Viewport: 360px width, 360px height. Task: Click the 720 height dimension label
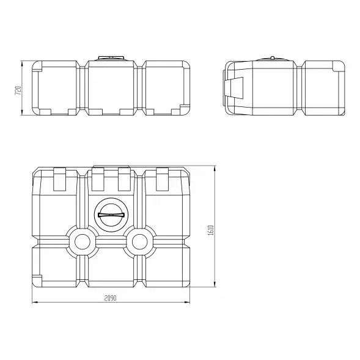pyautogui.click(x=18, y=90)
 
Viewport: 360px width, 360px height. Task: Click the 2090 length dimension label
pyautogui.click(x=111, y=298)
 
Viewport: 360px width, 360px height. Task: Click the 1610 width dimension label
pyautogui.click(x=210, y=230)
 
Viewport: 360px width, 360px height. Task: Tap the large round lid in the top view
pyautogui.click(x=111, y=215)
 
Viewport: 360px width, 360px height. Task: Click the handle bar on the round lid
pyautogui.click(x=111, y=215)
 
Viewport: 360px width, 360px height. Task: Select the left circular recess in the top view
pyautogui.click(x=82, y=241)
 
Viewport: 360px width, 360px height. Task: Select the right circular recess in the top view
pyautogui.click(x=139, y=241)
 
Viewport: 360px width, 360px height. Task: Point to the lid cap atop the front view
pyautogui.click(x=111, y=58)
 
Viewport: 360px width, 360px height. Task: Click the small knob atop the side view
pyautogui.click(x=272, y=57)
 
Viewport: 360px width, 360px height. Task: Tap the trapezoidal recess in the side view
pyautogui.click(x=234, y=88)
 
